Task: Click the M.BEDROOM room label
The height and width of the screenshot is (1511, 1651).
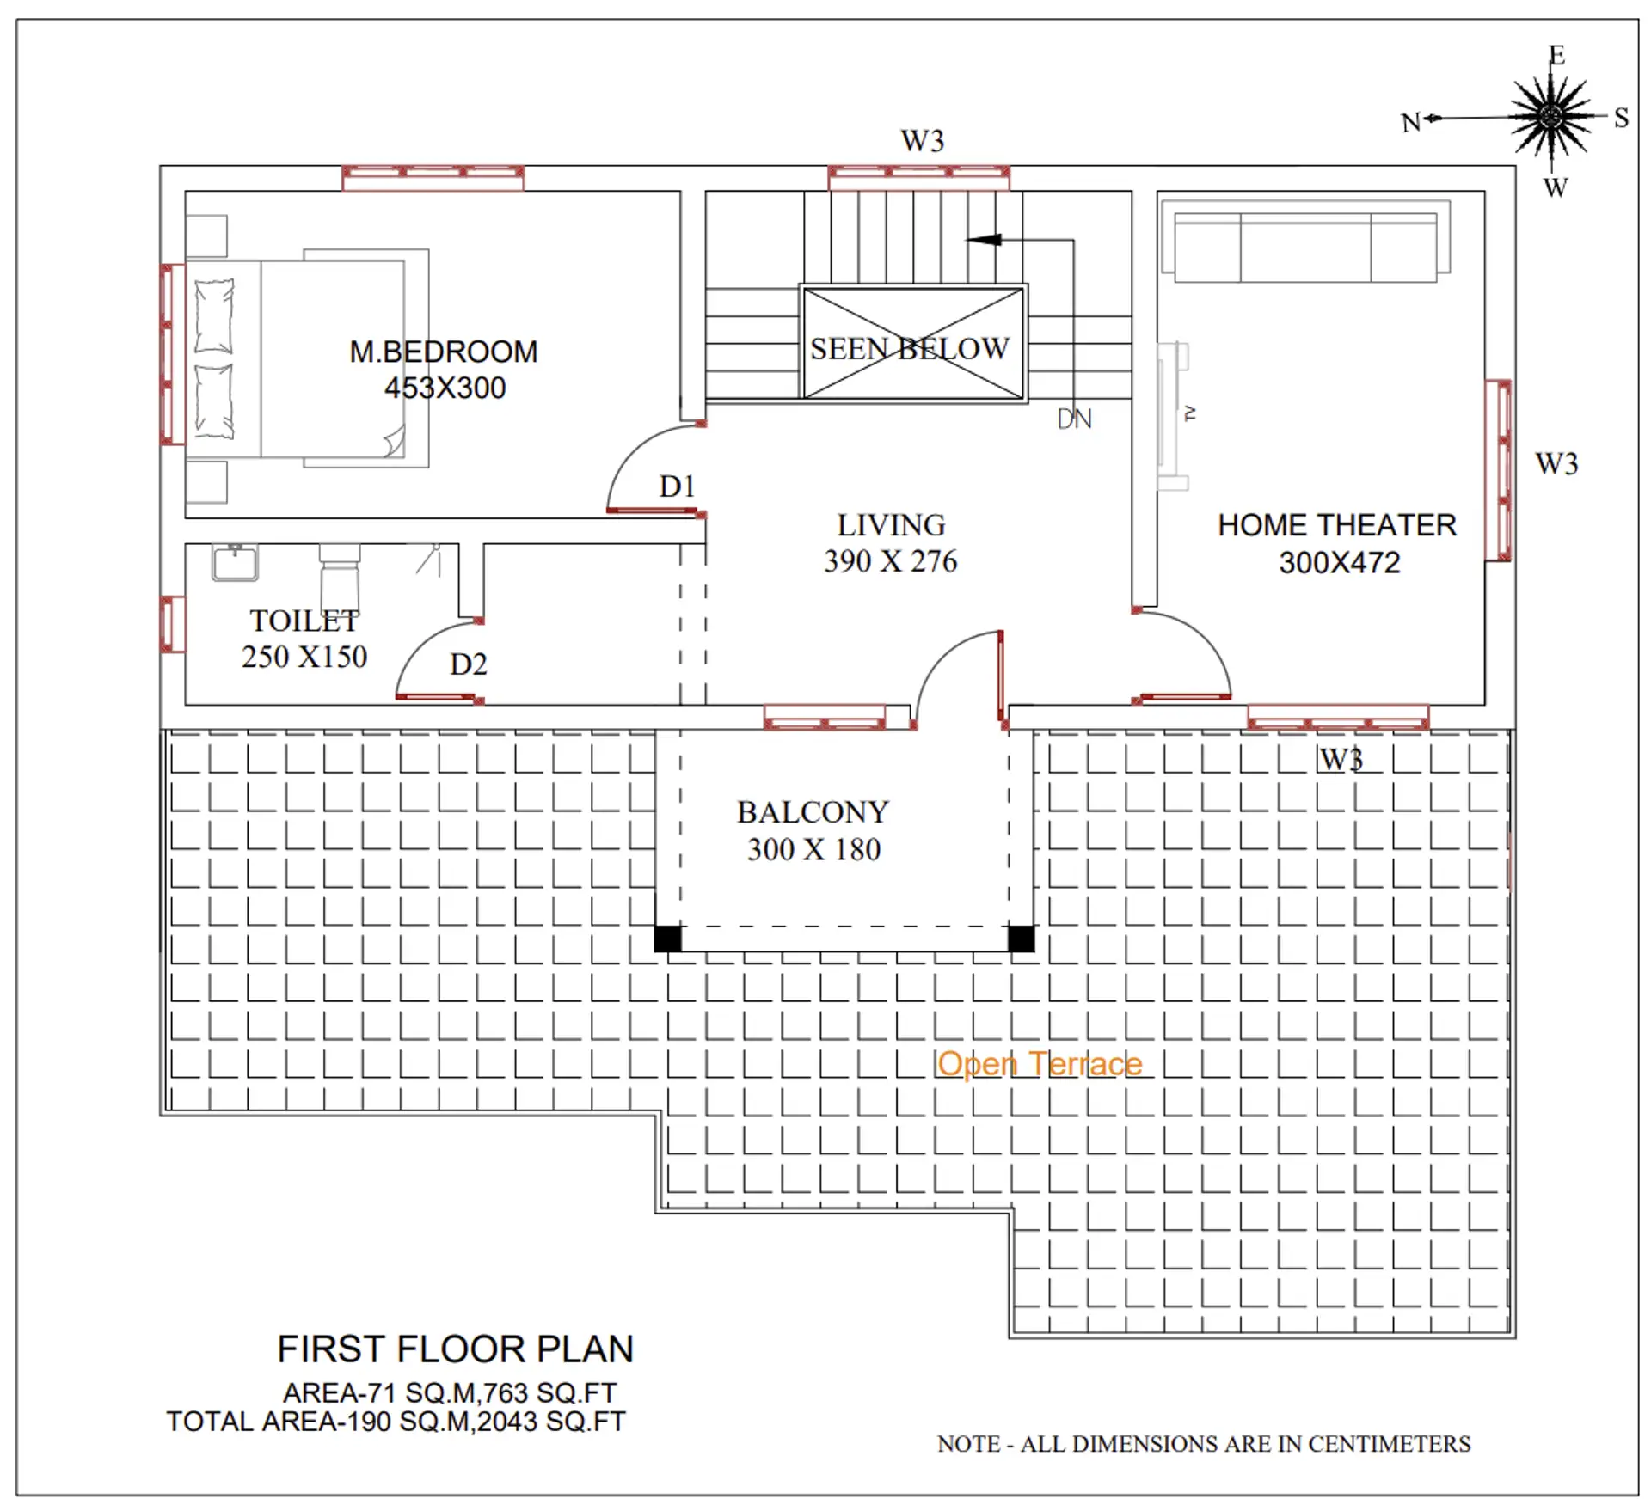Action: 443,352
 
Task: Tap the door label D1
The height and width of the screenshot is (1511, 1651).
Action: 677,486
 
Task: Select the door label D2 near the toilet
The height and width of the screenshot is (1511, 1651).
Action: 468,664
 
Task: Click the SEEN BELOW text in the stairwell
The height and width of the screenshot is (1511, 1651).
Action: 909,348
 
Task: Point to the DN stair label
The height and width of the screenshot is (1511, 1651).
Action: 1074,419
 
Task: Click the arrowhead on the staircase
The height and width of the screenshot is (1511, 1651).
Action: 985,240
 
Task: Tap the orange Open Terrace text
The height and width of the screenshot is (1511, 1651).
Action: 1039,1064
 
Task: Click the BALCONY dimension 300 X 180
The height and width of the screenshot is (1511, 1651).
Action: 813,850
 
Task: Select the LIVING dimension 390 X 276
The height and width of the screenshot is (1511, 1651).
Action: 890,561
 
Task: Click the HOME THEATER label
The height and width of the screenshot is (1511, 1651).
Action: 1336,525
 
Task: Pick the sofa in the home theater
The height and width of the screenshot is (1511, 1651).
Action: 1304,247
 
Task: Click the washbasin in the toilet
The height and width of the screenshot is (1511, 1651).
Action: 235,563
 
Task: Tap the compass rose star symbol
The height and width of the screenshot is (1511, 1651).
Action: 1552,116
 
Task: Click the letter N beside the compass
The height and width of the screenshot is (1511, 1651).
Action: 1410,123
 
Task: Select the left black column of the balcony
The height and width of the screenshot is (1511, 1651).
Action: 668,939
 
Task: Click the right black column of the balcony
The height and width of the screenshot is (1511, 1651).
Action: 1021,939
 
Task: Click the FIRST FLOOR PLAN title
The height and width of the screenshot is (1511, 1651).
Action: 455,1349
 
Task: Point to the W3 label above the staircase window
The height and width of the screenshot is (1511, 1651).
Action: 922,140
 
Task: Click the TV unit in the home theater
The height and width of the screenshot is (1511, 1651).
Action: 1171,416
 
